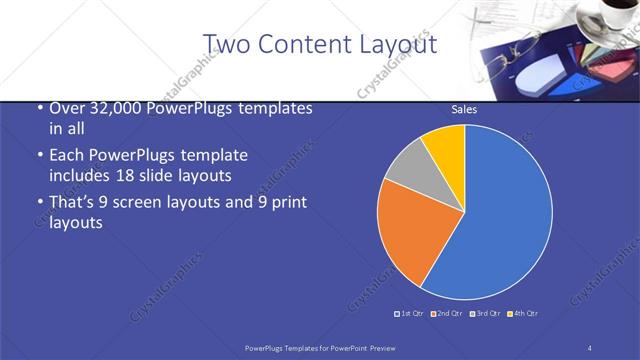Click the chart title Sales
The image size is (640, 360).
pyautogui.click(x=464, y=109)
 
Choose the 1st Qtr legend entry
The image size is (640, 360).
pyautogui.click(x=410, y=314)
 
